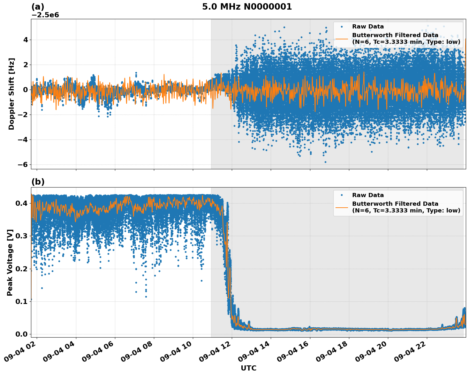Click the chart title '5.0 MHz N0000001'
pyautogui.click(x=247, y=7)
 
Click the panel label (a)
pyautogui.click(x=38, y=7)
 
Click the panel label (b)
pyautogui.click(x=38, y=182)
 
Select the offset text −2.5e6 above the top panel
pyautogui.click(x=45, y=15)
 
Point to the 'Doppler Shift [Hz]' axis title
pyautogui.click(x=11, y=94)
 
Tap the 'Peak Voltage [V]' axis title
pyautogui.click(x=10, y=262)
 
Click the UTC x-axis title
pyautogui.click(x=248, y=368)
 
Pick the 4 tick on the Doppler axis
pyautogui.click(x=26, y=40)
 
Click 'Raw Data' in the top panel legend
pyautogui.click(x=368, y=27)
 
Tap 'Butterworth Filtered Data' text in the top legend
pyautogui.click(x=395, y=35)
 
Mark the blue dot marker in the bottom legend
pyautogui.click(x=342, y=195)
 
